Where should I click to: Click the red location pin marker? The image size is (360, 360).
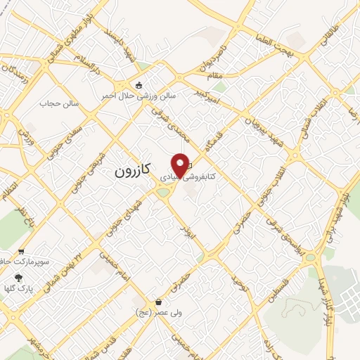[181, 165]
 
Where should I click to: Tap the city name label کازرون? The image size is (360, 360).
[132, 171]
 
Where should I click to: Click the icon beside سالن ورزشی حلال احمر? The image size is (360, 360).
[140, 86]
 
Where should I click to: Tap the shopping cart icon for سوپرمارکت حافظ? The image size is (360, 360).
[21, 251]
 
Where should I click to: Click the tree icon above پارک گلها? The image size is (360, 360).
[18, 278]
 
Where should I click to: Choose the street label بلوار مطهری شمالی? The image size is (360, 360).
[61, 38]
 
